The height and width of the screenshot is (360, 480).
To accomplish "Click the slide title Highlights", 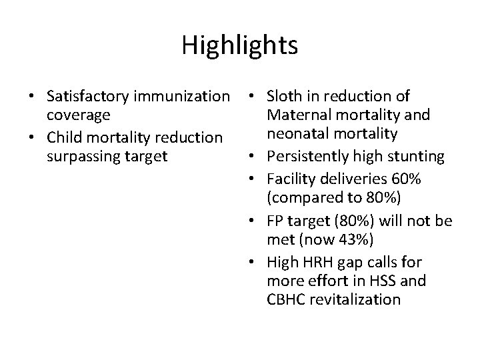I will (239, 45).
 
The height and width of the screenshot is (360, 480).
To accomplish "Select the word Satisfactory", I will (87, 97).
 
